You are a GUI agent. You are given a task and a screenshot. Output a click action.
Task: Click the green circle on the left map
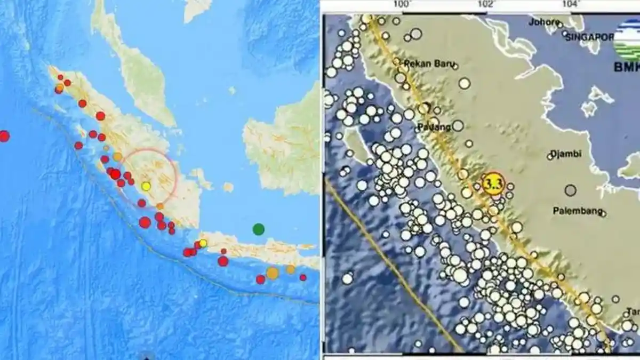coord(258,229)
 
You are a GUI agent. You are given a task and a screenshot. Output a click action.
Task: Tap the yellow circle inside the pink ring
coord(146,186)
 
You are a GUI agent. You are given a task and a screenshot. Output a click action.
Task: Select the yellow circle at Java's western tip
coord(203,243)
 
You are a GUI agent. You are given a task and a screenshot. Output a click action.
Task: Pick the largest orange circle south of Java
coord(273,273)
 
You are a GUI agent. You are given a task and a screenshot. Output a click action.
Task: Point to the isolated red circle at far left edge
coord(4,136)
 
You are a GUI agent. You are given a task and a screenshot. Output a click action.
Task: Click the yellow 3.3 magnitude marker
coord(493,183)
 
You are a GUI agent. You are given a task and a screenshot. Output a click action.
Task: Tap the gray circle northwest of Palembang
coord(571,190)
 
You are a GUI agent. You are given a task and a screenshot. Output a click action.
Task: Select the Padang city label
coord(434,127)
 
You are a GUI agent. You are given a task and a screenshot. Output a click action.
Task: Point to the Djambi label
coord(566,154)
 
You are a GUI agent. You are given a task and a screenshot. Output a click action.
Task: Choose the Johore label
coord(543,22)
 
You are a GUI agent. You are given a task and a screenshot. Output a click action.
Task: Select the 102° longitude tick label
coord(485,5)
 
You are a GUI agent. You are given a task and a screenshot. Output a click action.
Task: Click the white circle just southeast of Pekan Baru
coord(465,83)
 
